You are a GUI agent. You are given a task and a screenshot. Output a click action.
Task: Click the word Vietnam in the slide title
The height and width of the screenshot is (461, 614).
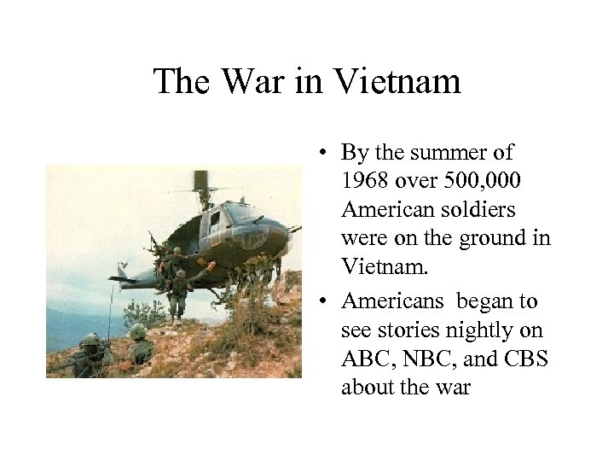point(399,82)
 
